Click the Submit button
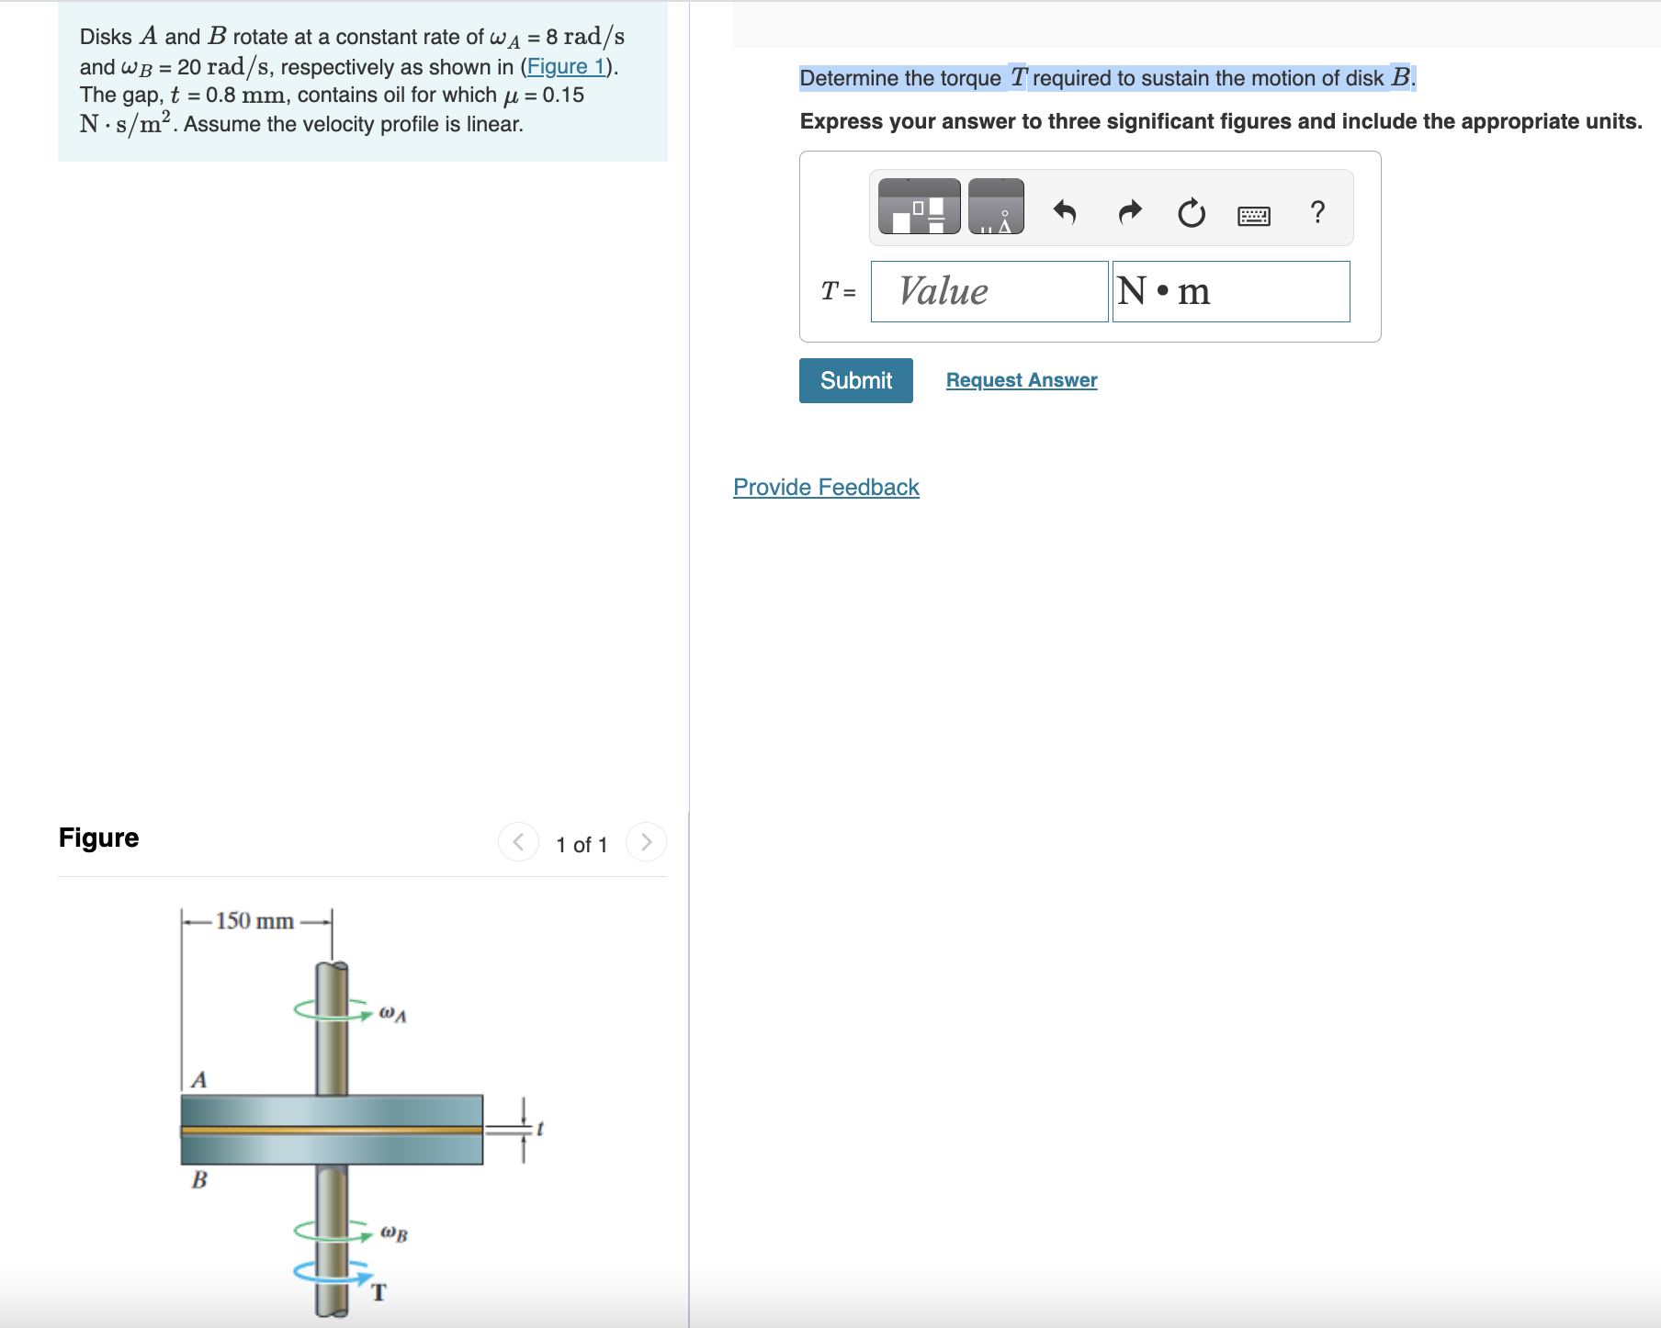(855, 380)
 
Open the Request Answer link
(1021, 380)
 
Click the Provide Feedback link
(825, 488)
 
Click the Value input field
(989, 292)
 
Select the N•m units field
(1230, 292)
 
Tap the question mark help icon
(1317, 212)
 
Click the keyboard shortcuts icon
(1253, 216)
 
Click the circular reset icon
(1191, 213)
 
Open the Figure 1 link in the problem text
(566, 67)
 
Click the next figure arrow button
(646, 842)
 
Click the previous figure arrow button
(518, 842)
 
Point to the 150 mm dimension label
(254, 921)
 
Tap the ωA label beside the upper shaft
(392, 1014)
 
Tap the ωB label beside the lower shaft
(394, 1233)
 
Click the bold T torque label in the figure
(379, 1293)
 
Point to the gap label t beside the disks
(540, 1129)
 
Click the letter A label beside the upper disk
(198, 1080)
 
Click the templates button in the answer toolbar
(919, 207)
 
